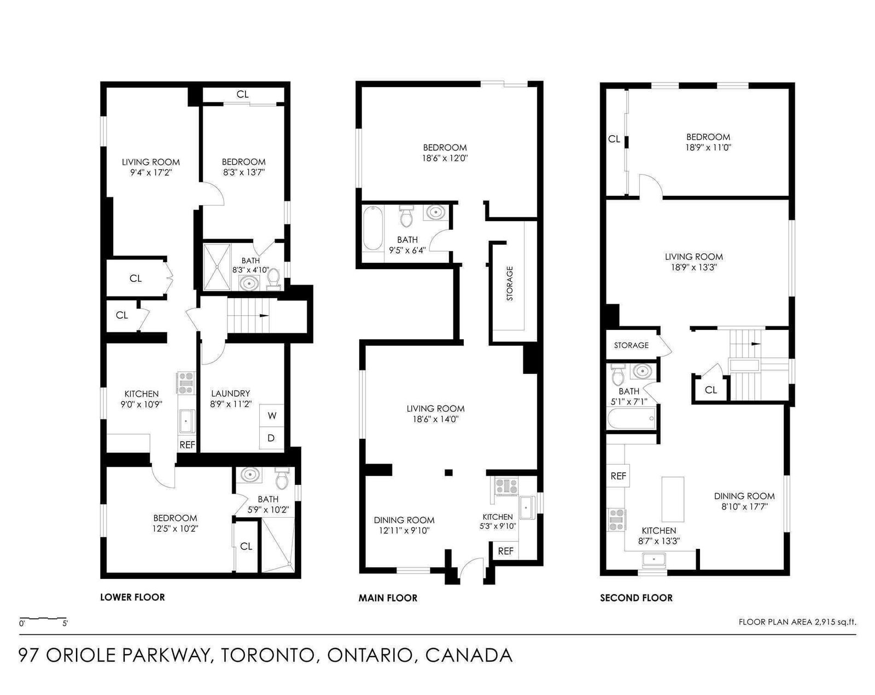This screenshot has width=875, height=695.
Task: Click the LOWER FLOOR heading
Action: (132, 598)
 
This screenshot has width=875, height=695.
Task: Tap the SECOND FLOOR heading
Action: (637, 598)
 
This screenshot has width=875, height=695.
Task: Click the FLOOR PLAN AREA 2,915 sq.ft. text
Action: (797, 622)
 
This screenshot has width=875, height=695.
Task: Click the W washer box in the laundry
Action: (272, 415)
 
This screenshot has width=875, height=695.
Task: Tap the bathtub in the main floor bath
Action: (372, 228)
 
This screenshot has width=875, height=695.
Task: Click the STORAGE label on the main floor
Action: (510, 283)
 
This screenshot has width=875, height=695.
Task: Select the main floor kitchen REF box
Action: (505, 551)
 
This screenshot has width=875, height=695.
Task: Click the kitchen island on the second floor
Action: (673, 499)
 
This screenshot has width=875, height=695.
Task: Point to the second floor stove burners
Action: (617, 520)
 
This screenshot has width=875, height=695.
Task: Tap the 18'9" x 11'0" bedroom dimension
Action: (708, 147)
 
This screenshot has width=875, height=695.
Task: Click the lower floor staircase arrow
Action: (264, 315)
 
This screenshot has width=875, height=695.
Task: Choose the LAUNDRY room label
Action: (231, 393)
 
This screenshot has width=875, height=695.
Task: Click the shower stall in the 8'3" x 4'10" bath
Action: (217, 267)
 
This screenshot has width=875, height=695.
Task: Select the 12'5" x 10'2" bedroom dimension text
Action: (175, 529)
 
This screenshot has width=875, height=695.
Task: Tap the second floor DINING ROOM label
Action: (744, 496)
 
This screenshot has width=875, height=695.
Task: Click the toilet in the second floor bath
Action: (619, 374)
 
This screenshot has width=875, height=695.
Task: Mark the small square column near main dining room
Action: (448, 472)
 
